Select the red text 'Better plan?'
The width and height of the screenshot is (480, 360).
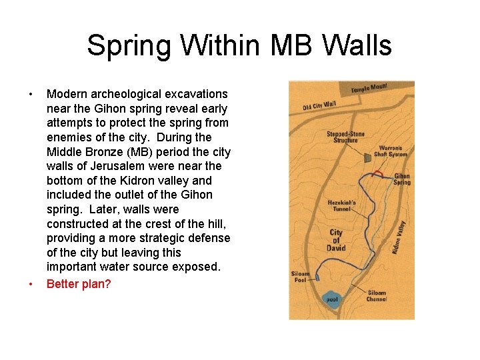pyautogui.click(x=79, y=283)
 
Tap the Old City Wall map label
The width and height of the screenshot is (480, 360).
pyautogui.click(x=319, y=105)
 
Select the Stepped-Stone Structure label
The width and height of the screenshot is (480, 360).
pyautogui.click(x=345, y=137)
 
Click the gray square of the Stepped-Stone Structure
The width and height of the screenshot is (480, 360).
pyautogui.click(x=367, y=156)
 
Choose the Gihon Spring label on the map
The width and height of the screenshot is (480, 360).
pyautogui.click(x=401, y=179)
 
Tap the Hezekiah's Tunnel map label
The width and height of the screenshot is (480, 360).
pyautogui.click(x=342, y=205)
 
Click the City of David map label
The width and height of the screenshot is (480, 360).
pyautogui.click(x=336, y=241)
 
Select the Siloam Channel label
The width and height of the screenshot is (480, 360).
pyautogui.click(x=376, y=295)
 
